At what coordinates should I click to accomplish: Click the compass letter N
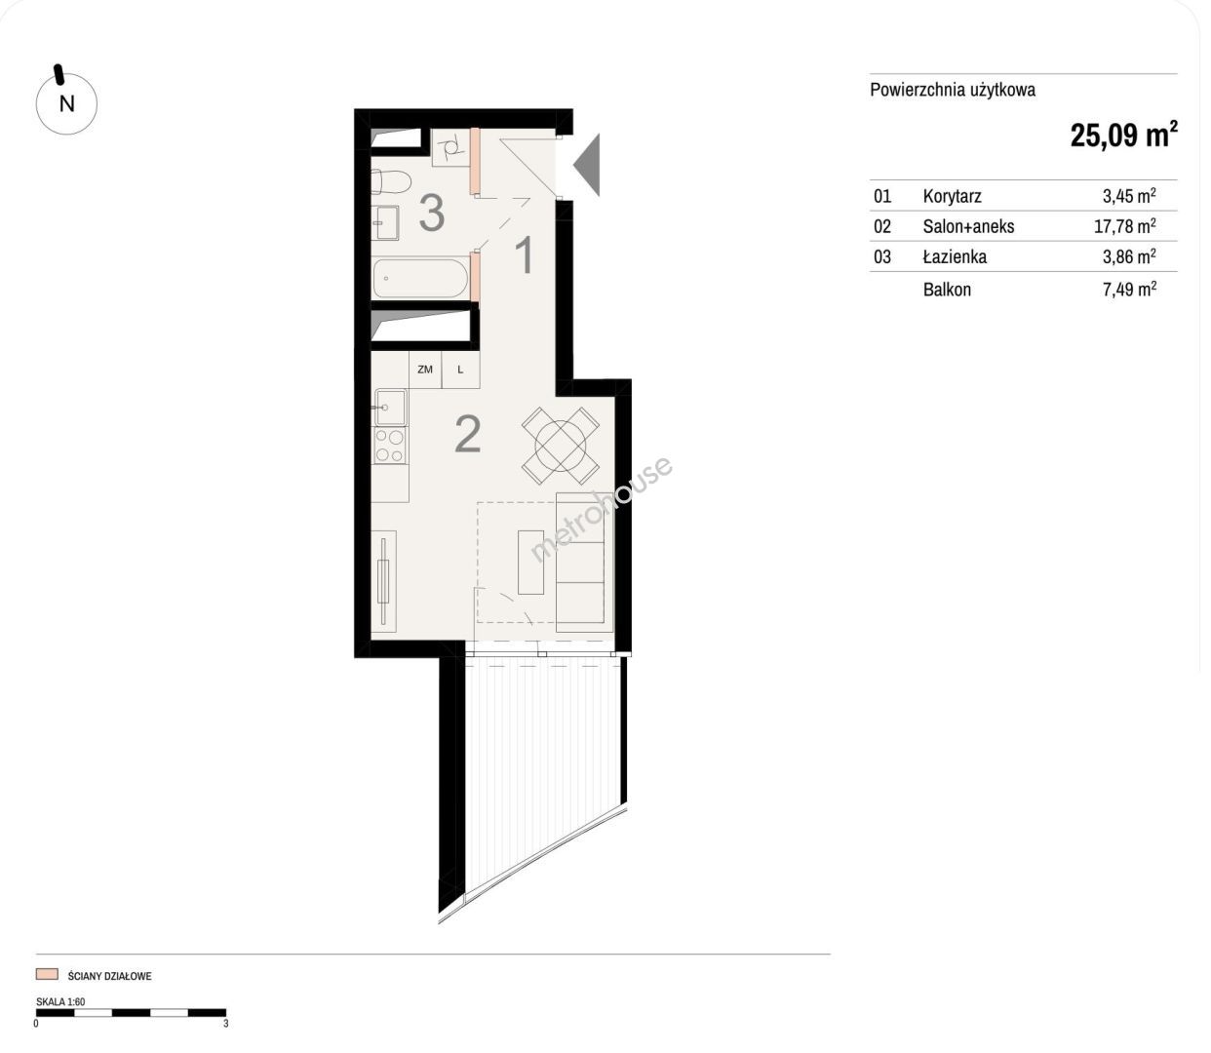pos(67,104)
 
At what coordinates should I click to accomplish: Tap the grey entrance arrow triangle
pos(587,165)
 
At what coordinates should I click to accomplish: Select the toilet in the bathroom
pos(391,181)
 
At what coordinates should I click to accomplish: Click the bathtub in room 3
pos(420,278)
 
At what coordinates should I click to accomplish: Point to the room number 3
pos(432,214)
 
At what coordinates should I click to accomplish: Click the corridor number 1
pos(525,255)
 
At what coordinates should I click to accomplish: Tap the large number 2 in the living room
pos(468,435)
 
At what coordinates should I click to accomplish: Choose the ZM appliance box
pos(425,370)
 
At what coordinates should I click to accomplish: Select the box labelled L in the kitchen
pos(460,370)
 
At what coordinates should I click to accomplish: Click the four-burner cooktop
pos(390,446)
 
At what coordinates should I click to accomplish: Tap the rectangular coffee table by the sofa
pos(531,562)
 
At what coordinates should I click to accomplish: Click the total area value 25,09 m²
pos(1123,135)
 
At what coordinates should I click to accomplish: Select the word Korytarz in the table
pos(952,196)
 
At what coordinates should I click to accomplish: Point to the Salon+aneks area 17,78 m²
pos(1124,225)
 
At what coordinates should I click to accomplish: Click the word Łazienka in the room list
pos(955,256)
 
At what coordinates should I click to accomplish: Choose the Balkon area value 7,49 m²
pos(1129,289)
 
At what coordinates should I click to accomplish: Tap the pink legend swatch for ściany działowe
pos(47,974)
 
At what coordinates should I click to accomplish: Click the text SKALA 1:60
pos(60,1001)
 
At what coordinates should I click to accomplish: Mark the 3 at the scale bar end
pos(225,1024)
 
